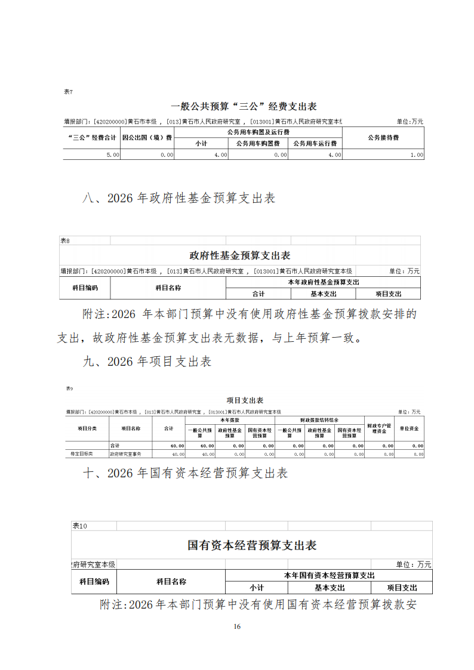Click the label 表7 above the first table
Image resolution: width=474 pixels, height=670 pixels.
(x=68, y=92)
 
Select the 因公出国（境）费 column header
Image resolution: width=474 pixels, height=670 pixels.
(x=147, y=138)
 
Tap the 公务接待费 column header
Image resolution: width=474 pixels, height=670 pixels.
(x=383, y=138)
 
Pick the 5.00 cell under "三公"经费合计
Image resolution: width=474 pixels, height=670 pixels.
(x=113, y=155)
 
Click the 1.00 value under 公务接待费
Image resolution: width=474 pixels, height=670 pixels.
(x=417, y=155)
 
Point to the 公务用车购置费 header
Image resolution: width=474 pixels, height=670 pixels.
(x=258, y=144)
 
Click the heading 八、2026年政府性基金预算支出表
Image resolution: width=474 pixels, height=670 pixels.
(x=178, y=199)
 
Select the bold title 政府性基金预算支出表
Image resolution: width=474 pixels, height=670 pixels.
(x=239, y=255)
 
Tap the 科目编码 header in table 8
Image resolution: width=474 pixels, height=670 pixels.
(x=85, y=288)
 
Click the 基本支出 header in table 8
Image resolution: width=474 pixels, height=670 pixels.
(x=323, y=294)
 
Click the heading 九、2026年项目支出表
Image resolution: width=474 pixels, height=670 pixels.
(x=147, y=362)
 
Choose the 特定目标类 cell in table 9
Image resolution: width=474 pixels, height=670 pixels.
(x=82, y=454)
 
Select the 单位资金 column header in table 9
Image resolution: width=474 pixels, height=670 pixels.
(x=409, y=428)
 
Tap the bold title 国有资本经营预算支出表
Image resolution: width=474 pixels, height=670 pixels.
(x=252, y=545)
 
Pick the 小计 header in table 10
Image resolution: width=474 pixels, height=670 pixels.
(x=257, y=588)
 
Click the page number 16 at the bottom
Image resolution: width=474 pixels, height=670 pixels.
(x=237, y=626)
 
